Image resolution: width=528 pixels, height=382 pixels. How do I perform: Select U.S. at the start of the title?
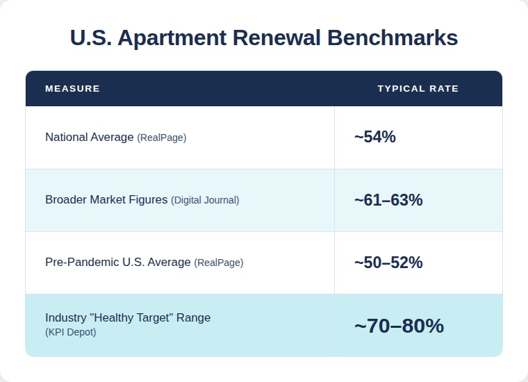click(91, 38)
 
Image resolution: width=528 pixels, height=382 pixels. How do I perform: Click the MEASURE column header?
click(72, 89)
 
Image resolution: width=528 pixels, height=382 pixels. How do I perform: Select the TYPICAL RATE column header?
click(418, 89)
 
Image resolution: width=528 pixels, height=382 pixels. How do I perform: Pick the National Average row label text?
click(89, 138)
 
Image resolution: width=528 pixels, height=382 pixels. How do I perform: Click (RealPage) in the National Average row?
click(162, 138)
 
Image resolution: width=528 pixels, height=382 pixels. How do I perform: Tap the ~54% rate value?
click(374, 137)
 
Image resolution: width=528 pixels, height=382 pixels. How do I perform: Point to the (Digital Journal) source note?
click(205, 200)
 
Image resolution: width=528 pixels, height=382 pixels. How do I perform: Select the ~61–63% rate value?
click(388, 200)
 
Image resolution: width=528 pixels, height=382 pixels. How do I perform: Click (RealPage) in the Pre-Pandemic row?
click(219, 263)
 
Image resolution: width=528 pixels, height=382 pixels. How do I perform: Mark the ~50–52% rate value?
click(388, 263)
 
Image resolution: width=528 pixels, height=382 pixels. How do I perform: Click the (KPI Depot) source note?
click(71, 332)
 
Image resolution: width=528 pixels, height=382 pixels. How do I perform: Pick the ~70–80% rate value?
click(398, 325)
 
